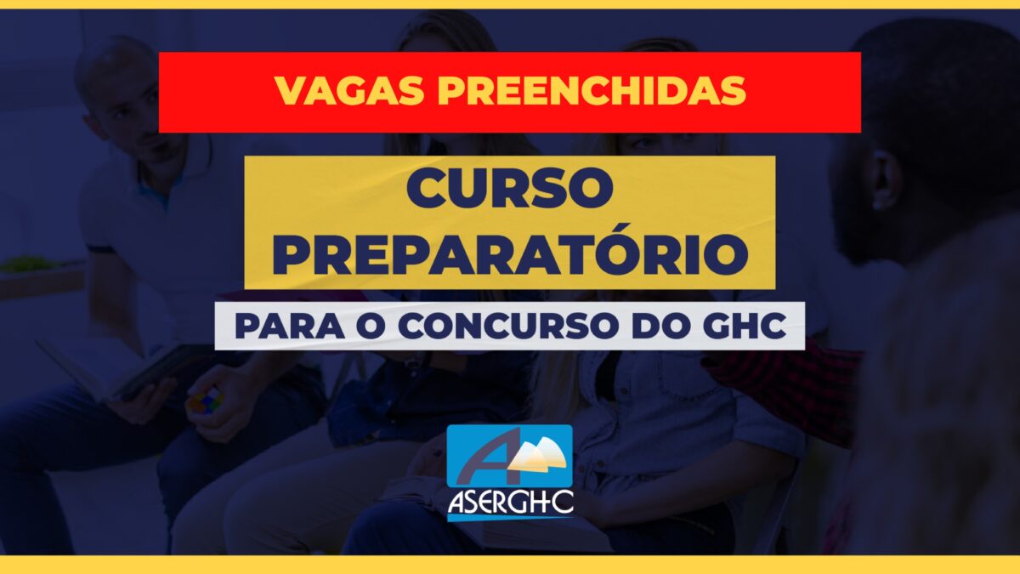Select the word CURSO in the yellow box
tap(510, 188)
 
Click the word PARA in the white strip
tap(289, 327)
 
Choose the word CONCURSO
tap(507, 327)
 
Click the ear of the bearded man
tap(885, 179)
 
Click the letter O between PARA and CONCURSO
tap(371, 327)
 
